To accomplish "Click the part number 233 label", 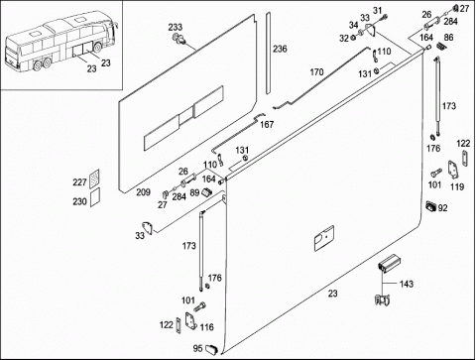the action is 176,27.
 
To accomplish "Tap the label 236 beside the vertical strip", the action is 280,49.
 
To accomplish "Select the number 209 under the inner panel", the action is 143,192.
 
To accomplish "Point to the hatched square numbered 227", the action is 94,179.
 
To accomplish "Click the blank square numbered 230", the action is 95,197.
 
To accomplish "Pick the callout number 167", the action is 267,125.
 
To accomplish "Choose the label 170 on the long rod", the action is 316,71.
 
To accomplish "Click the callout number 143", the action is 407,284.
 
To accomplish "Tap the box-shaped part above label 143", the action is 390,263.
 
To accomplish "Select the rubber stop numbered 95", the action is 211,349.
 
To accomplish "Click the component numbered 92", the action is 431,206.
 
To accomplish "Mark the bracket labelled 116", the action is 190,321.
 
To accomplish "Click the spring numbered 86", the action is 440,46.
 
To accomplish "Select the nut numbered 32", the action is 353,38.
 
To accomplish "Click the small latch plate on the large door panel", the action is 324,238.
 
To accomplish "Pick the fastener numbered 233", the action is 178,39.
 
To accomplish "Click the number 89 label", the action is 194,192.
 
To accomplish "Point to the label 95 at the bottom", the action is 197,348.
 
